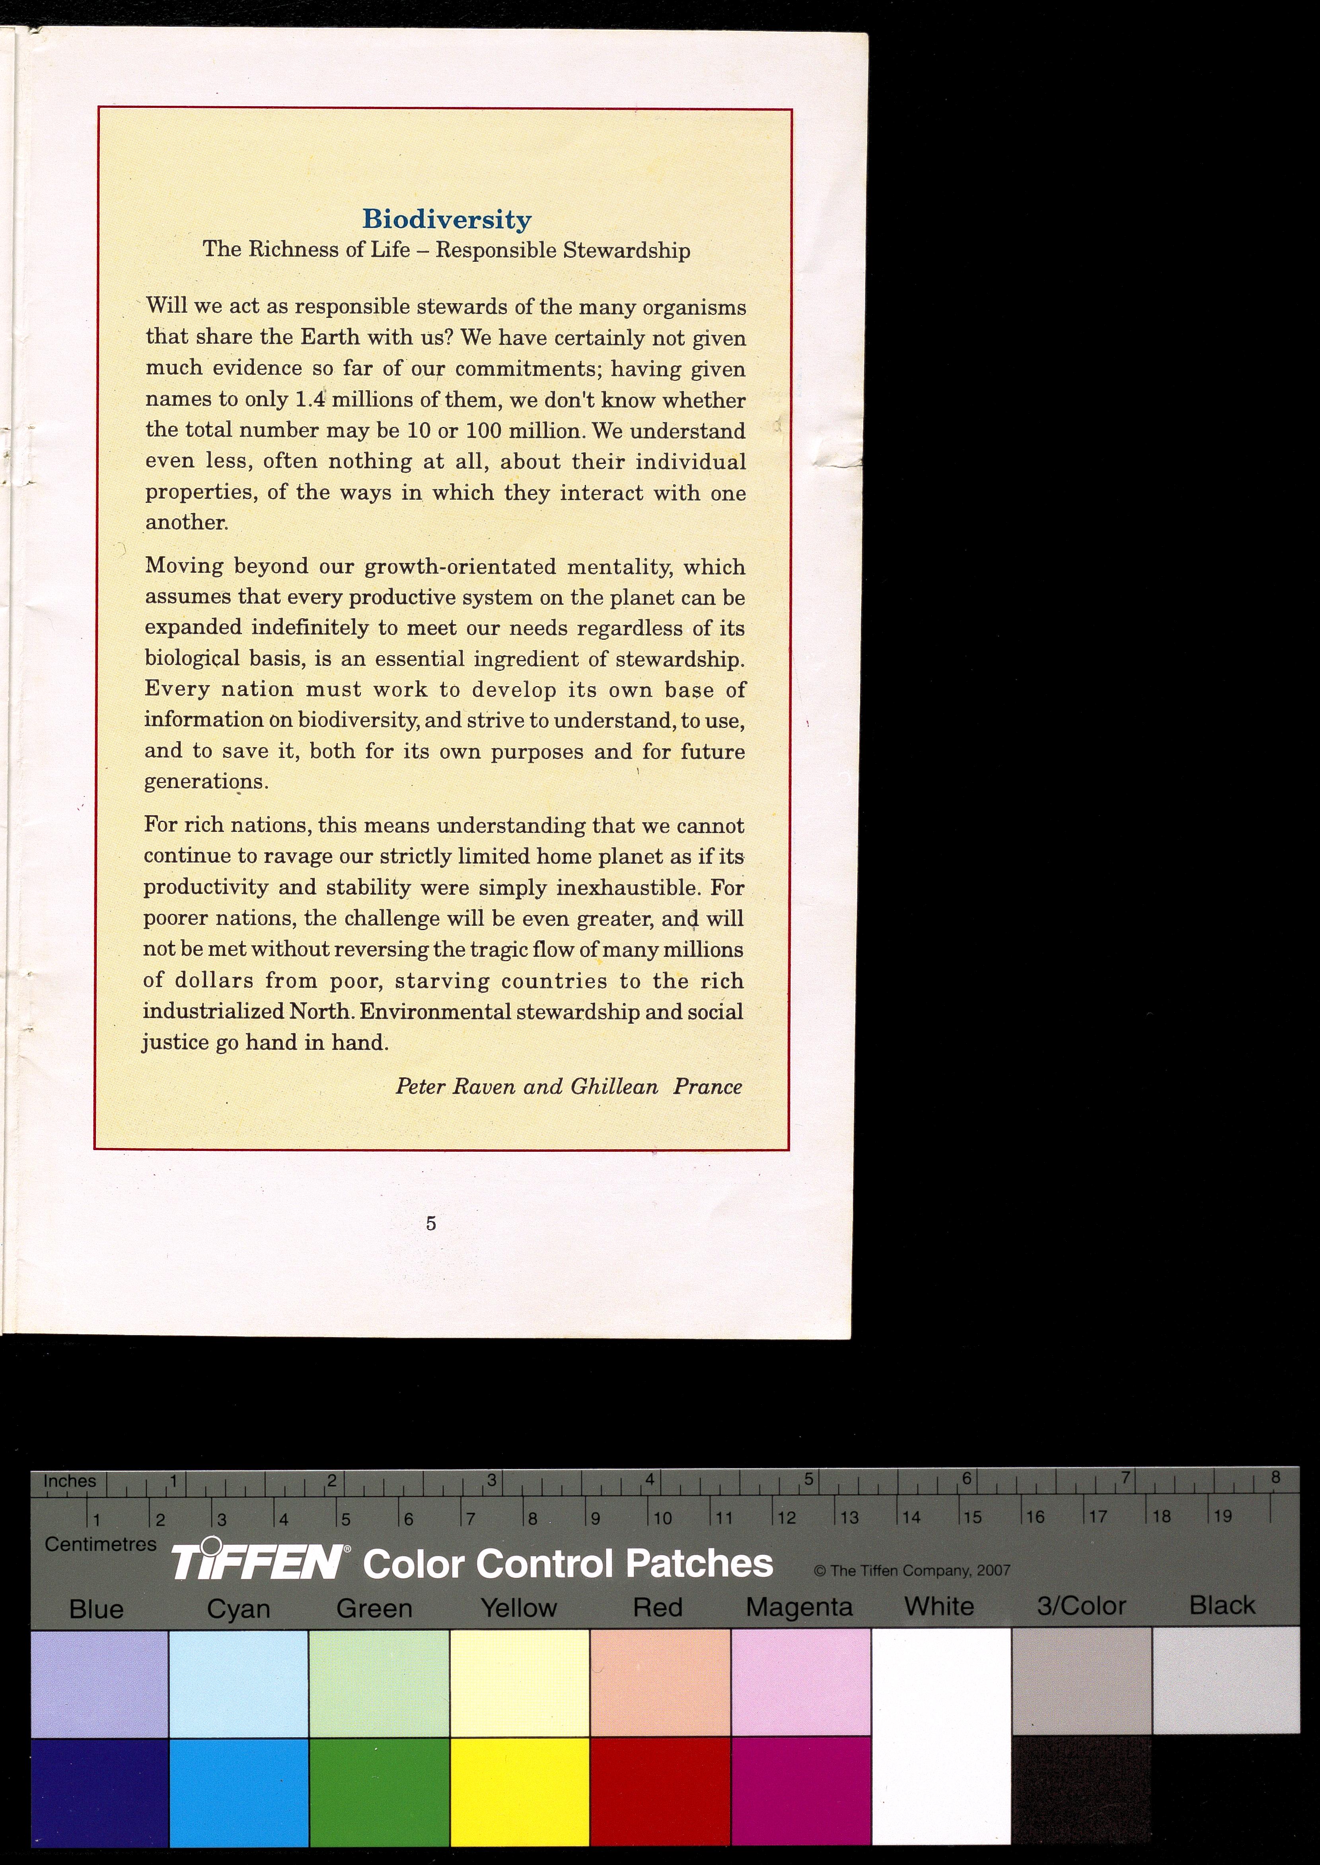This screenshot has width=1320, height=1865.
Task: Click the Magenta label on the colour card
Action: coord(799,1606)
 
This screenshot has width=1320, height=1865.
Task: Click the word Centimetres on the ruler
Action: coord(100,1544)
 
